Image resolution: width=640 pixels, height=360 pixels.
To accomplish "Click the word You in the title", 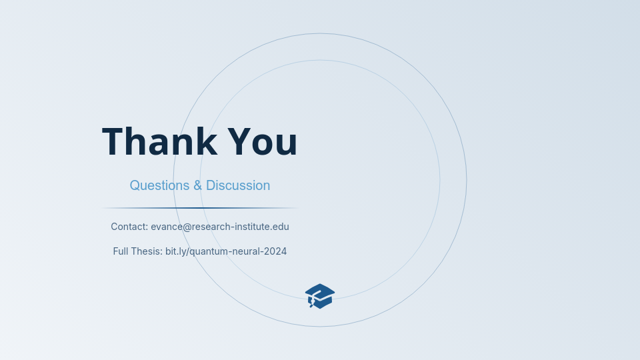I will [263, 142].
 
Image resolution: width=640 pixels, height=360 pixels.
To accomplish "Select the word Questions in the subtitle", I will [159, 185].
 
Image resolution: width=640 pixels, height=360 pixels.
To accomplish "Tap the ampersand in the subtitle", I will [198, 185].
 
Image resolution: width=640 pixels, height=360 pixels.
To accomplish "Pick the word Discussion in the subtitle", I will [238, 185].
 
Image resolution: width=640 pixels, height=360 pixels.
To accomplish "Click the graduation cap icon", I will [320, 296].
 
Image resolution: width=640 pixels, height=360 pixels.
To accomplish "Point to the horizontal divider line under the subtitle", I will [200, 208].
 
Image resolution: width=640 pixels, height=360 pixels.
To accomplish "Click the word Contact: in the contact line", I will [129, 227].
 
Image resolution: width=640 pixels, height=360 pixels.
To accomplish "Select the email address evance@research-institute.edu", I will [220, 227].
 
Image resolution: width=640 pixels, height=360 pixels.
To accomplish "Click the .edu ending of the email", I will [280, 227].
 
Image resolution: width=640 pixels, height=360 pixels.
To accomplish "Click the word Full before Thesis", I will [120, 251].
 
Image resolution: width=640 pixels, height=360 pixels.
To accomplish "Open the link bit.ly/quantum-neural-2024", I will [226, 251].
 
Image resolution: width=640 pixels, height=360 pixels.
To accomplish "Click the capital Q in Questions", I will [135, 185].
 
